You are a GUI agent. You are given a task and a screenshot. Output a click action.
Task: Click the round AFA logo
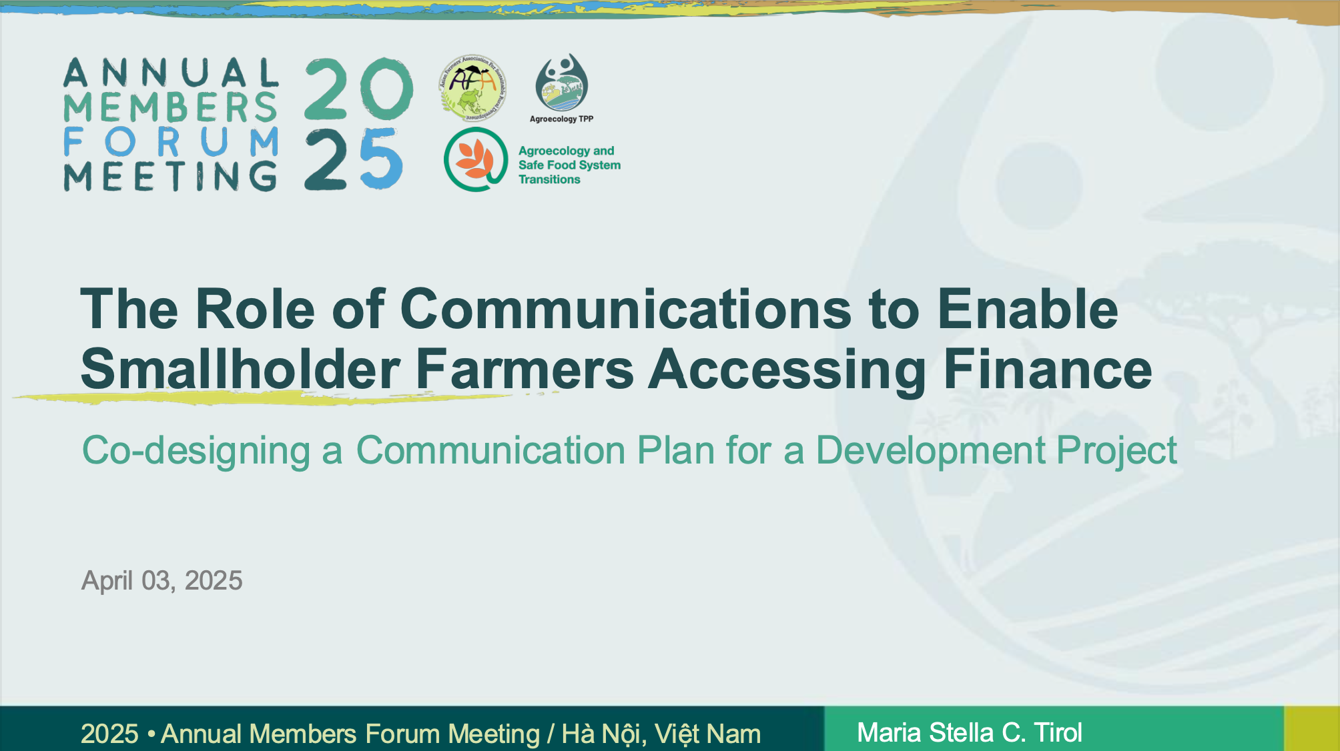(x=472, y=88)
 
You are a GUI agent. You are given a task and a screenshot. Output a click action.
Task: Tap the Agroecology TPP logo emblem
(x=562, y=82)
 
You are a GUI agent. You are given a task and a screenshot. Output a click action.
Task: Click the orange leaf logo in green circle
(x=476, y=160)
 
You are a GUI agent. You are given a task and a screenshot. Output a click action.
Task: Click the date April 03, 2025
(x=161, y=581)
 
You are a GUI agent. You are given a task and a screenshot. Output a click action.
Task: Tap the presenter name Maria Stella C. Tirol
(x=969, y=732)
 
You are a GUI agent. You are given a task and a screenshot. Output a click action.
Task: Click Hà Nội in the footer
(x=603, y=734)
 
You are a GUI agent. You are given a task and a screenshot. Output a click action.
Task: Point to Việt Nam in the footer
(x=708, y=734)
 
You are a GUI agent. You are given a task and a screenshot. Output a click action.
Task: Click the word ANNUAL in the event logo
(x=172, y=73)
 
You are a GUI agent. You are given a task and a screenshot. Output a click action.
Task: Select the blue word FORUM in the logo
(x=172, y=142)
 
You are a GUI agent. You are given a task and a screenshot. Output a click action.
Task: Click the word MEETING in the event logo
(x=170, y=176)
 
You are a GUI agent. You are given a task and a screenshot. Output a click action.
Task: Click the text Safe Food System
(x=569, y=165)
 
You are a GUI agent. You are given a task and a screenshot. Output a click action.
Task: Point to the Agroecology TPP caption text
(x=561, y=119)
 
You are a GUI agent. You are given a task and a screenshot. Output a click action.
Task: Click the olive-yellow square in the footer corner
(x=1312, y=728)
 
